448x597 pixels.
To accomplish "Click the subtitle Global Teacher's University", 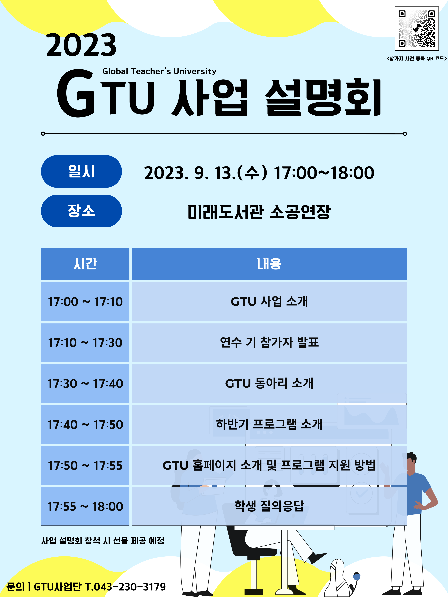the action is point(159,71).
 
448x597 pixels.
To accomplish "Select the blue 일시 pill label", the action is point(81,171).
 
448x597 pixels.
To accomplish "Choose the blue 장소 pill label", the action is point(81,211).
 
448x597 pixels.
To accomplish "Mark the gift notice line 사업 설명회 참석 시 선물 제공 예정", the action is point(103,541).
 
